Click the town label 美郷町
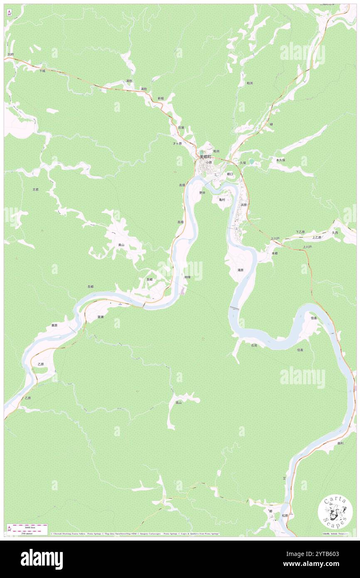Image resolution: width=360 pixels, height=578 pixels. click(205, 157)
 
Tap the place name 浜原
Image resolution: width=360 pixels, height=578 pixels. click(244, 205)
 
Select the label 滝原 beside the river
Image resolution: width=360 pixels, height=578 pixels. click(240, 270)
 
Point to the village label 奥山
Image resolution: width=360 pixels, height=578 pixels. click(121, 245)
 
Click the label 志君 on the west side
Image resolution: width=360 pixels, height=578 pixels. click(36, 189)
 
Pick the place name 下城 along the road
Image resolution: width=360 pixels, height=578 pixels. click(42, 71)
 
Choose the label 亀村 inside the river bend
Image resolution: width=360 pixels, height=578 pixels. click(222, 200)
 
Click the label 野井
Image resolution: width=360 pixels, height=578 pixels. click(202, 193)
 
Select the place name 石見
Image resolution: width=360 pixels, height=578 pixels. click(254, 346)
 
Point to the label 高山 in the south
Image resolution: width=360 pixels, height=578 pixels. click(178, 403)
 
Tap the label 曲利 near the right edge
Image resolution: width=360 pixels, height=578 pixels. click(340, 443)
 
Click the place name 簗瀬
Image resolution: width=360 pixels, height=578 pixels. click(100, 317)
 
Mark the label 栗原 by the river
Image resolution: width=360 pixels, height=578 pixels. click(54, 325)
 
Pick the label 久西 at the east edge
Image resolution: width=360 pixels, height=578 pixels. click(335, 233)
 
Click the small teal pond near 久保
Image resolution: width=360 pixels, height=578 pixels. click(252, 161)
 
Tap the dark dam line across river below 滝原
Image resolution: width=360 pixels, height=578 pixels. click(234, 308)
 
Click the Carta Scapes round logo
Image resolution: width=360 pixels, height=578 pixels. click(335, 511)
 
